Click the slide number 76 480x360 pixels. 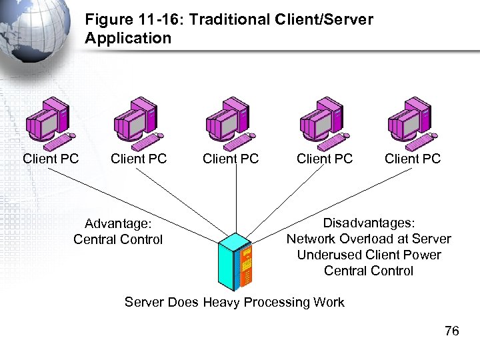pos(451,331)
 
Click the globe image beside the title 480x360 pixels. pos(33,27)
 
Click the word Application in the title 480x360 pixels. pos(128,38)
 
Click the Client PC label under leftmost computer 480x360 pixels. pos(51,159)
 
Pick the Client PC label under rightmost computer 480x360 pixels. pos(413,159)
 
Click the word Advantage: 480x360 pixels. pos(118,224)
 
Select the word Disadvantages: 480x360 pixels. pos(369,223)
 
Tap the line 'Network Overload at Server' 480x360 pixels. pos(369,239)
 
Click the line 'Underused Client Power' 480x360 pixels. pos(369,255)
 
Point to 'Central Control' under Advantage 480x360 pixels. pos(118,240)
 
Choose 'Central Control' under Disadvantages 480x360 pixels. pos(369,271)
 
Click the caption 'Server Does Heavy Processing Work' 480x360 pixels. pos(235,303)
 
